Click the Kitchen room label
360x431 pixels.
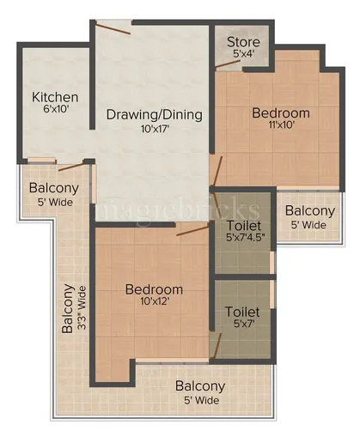tap(55, 97)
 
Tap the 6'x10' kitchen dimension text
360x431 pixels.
tap(55, 111)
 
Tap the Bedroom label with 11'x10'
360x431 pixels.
tap(280, 112)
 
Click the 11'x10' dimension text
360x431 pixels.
tap(280, 126)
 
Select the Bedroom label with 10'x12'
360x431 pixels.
tap(155, 289)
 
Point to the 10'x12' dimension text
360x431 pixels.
tap(155, 303)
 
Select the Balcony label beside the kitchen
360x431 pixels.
tap(54, 188)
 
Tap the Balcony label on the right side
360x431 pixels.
tap(309, 210)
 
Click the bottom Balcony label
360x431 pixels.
tap(200, 386)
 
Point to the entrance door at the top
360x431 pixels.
tap(113, 27)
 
